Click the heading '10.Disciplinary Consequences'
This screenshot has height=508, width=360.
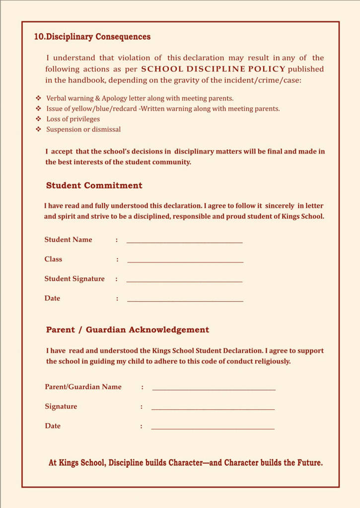click(92, 37)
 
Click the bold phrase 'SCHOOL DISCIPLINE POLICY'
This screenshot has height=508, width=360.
click(213, 69)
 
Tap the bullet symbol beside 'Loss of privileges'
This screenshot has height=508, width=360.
click(38, 119)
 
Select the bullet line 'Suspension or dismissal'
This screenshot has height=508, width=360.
click(83, 129)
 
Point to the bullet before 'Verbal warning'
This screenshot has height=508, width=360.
click(38, 98)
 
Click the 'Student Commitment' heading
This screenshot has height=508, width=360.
click(94, 186)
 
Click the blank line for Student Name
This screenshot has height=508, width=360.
click(185, 242)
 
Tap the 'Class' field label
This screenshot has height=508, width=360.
click(53, 259)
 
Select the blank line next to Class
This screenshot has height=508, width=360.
click(185, 261)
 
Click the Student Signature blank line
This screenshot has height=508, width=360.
click(185, 281)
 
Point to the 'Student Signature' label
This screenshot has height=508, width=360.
click(74, 279)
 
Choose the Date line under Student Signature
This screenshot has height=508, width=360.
click(185, 301)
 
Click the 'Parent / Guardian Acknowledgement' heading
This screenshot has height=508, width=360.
click(128, 330)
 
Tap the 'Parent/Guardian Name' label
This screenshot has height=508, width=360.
click(83, 387)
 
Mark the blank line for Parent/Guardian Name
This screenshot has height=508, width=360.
click(214, 390)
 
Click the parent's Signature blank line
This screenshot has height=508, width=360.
click(213, 409)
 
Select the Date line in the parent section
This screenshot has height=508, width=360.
click(213, 429)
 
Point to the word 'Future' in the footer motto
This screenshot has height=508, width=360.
click(309, 463)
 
